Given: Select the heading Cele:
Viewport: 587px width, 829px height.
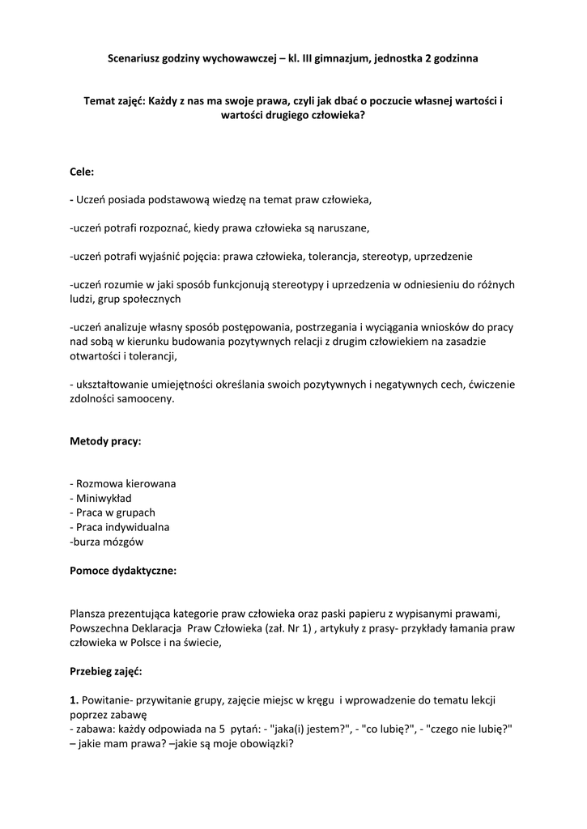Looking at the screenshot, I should pyautogui.click(x=82, y=172).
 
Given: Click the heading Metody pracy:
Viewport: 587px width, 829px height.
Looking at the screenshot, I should pyautogui.click(x=106, y=441).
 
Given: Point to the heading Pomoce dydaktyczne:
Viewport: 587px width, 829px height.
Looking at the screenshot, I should pyautogui.click(x=123, y=570).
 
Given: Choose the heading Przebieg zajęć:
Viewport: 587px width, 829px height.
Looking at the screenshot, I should pyautogui.click(x=106, y=671).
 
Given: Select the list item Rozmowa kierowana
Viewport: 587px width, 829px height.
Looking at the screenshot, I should pyautogui.click(x=125, y=483).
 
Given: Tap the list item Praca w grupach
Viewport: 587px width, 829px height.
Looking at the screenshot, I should pyautogui.click(x=114, y=512).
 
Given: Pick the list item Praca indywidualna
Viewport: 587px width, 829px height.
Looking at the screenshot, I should pyautogui.click(x=121, y=527).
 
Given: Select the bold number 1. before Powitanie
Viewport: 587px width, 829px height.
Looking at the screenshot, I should pyautogui.click(x=74, y=699).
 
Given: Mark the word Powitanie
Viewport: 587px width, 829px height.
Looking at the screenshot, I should pyautogui.click(x=104, y=699).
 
